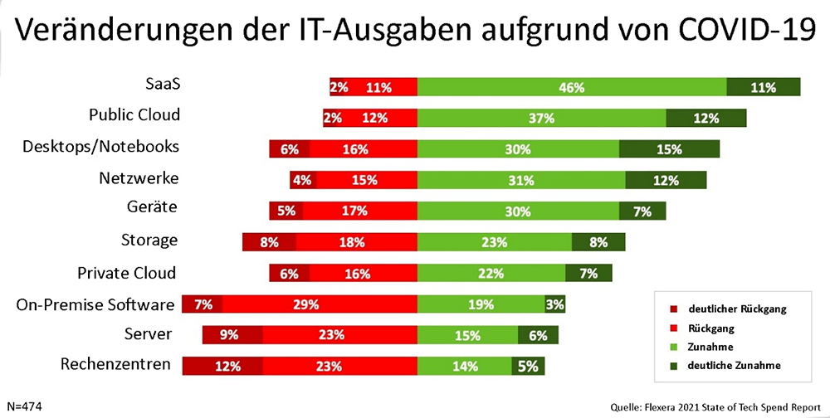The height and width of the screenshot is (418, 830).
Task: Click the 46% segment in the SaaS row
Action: [572, 87]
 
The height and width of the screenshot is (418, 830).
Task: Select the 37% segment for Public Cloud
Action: [541, 118]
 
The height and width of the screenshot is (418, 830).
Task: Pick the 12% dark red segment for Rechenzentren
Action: [223, 366]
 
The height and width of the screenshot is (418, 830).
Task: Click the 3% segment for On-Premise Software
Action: [555, 304]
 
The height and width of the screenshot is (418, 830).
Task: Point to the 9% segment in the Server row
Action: [232, 335]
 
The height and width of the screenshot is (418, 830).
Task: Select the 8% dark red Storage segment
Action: [269, 242]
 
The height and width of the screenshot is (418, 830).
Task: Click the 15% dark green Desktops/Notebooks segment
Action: [669, 149]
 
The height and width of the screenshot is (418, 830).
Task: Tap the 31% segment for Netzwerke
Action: [521, 180]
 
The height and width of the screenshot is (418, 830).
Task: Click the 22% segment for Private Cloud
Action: [491, 273]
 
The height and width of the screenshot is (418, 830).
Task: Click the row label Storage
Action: [149, 241]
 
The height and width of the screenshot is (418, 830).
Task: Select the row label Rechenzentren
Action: [116, 364]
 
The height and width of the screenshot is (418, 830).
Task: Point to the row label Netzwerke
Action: [139, 177]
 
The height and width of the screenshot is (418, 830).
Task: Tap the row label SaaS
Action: [163, 84]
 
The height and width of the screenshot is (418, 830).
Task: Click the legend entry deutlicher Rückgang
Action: [735, 309]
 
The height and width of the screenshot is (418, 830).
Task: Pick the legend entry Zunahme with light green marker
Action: [711, 346]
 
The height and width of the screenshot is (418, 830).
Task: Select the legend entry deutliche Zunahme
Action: [734, 365]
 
